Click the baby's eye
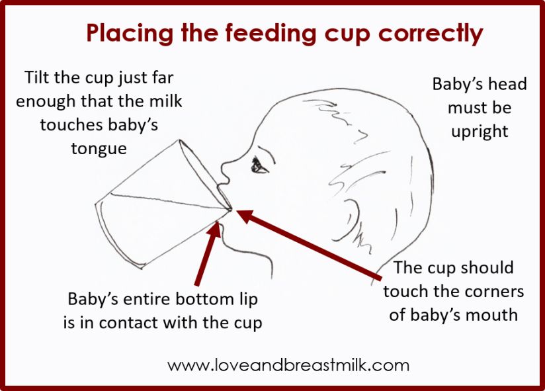[259, 165]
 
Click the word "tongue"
[99, 149]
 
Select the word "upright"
[480, 132]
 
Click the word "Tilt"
[36, 77]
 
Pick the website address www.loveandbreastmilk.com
[288, 366]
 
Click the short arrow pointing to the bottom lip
[208, 253]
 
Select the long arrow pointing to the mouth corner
[309, 244]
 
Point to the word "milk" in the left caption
[165, 101]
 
